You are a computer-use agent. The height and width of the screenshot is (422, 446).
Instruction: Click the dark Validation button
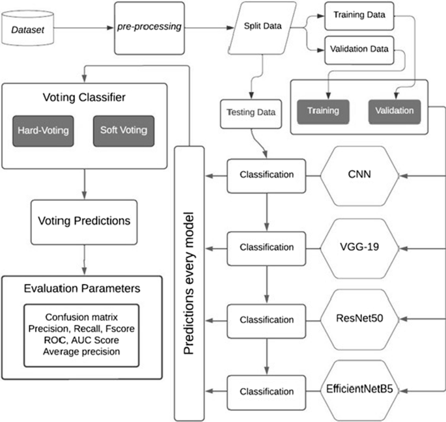394,110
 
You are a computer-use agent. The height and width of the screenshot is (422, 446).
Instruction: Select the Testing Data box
251,112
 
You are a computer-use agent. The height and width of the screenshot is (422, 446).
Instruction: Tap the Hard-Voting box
44,130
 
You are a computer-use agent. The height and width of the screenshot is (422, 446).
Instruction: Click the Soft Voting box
124,130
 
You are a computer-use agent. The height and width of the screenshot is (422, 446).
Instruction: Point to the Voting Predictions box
83,221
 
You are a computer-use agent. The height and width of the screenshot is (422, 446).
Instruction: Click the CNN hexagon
361,175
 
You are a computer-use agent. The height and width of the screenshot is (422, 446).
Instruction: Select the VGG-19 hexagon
361,247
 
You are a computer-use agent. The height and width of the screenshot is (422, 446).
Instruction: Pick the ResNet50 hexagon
361,319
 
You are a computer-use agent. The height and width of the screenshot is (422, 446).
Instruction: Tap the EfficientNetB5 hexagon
361,391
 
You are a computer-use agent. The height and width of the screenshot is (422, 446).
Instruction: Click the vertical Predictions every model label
189,283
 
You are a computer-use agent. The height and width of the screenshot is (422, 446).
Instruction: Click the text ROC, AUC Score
83,341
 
